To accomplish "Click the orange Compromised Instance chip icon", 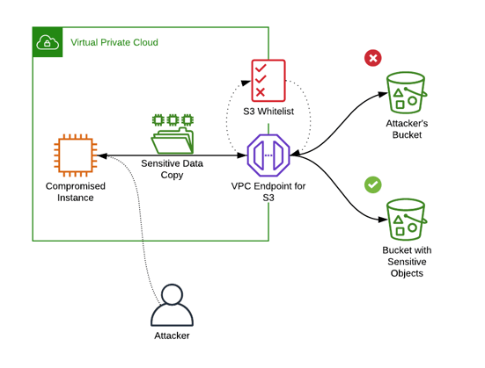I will click(75, 156).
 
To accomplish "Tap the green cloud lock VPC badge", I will click(47, 41).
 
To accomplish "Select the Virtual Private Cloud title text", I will click(114, 41).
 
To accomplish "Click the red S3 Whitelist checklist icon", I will click(267, 80).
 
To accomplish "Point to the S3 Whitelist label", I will click(268, 112).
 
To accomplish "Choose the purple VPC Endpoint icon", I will click(268, 156).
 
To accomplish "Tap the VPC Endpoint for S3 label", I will click(268, 191).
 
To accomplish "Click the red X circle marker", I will click(372, 58).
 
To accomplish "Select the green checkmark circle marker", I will click(373, 184).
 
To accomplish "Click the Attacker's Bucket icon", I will click(407, 94).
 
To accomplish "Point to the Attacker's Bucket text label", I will click(408, 129).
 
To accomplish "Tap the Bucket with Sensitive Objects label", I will click(408, 262).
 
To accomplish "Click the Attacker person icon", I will click(172, 305).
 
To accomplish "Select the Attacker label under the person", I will click(172, 336).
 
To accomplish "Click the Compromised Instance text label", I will click(76, 191).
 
